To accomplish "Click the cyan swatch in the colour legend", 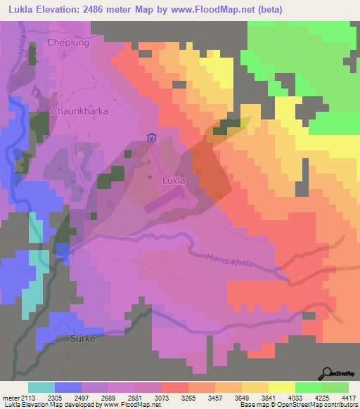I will pos(41,388).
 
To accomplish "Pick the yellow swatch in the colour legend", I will pos(281,388).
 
